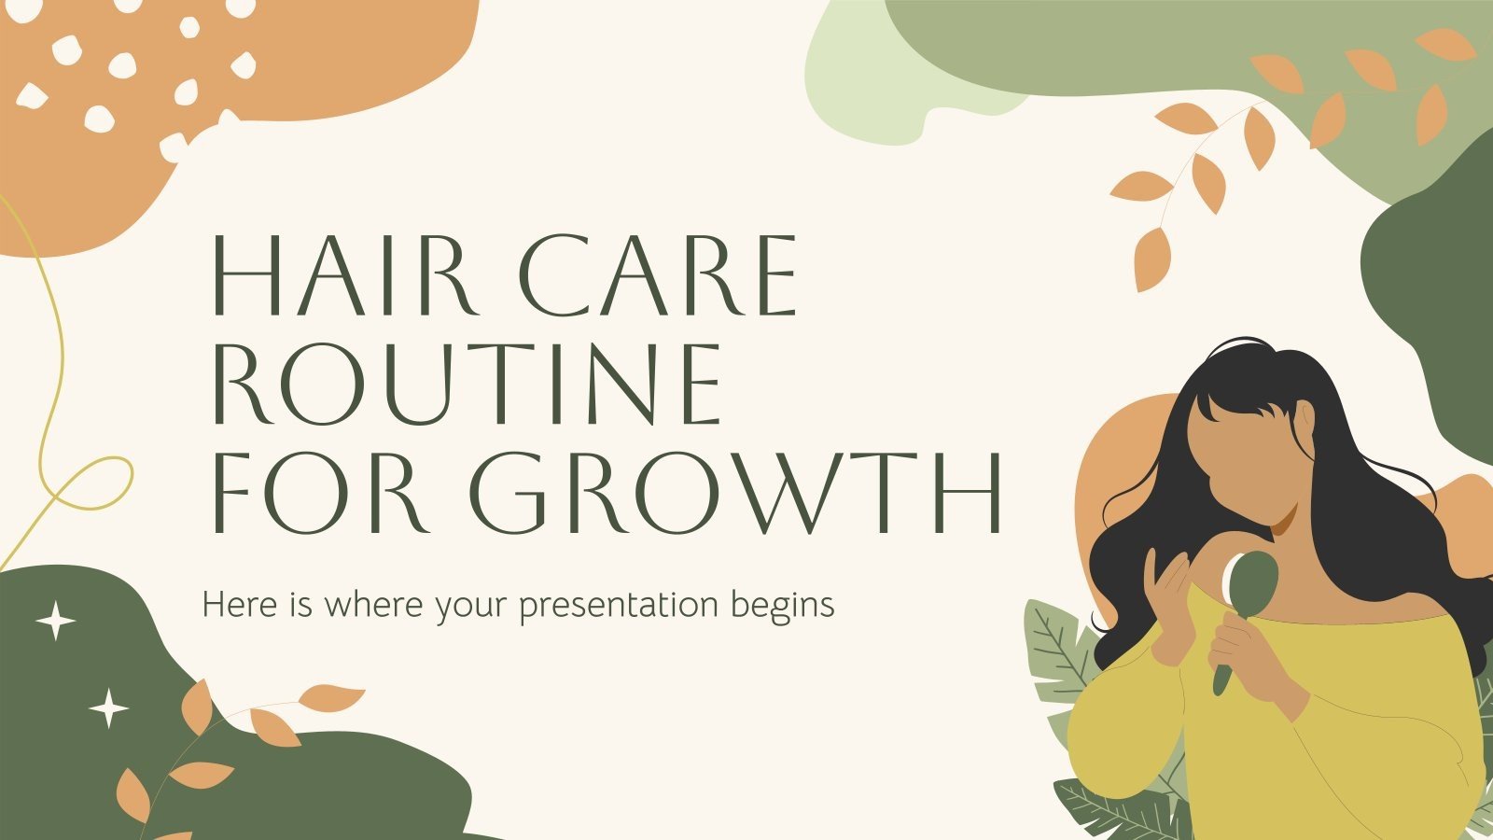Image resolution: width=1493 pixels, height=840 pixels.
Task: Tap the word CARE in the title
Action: (658, 274)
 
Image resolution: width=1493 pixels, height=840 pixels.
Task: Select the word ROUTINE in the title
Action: (467, 384)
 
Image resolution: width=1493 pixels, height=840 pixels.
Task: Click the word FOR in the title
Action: (320, 493)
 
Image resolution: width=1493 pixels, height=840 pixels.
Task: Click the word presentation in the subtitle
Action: (619, 607)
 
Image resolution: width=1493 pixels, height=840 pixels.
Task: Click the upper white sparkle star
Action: (55, 621)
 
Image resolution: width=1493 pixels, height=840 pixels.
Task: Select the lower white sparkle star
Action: (108, 708)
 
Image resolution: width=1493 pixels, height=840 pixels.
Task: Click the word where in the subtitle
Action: (373, 605)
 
